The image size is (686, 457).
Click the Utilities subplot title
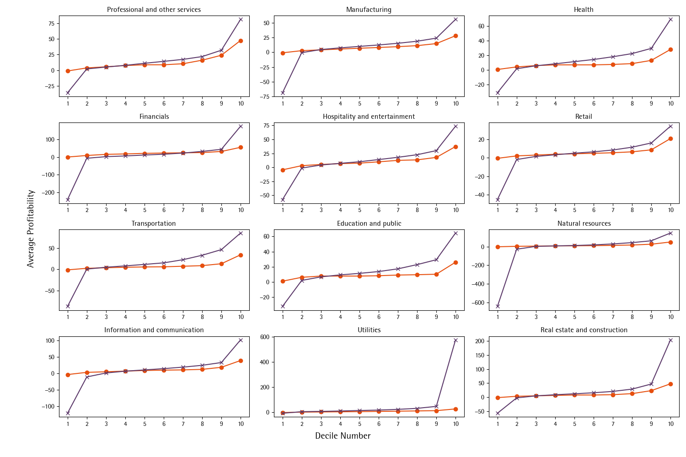tap(369, 330)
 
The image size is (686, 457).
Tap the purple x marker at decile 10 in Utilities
tap(456, 340)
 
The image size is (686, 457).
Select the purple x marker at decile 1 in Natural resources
tap(498, 306)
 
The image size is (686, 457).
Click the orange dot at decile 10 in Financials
tap(241, 147)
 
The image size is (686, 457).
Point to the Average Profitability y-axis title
tap(31, 228)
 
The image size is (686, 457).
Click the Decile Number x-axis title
tap(343, 436)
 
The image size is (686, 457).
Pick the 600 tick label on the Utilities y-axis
tap(265, 337)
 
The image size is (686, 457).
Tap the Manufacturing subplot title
tap(369, 10)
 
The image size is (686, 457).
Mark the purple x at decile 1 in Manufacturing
tap(283, 93)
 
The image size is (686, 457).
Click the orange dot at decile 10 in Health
tap(670, 49)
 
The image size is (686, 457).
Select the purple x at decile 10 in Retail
tap(670, 126)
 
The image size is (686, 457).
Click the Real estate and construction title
tap(584, 330)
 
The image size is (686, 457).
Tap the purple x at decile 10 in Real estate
tap(670, 340)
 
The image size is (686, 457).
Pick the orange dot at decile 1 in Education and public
tap(283, 281)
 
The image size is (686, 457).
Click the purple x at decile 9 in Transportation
tap(221, 250)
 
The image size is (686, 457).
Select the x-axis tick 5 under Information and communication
tap(145, 424)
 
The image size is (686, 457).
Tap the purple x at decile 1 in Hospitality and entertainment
tap(283, 200)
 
